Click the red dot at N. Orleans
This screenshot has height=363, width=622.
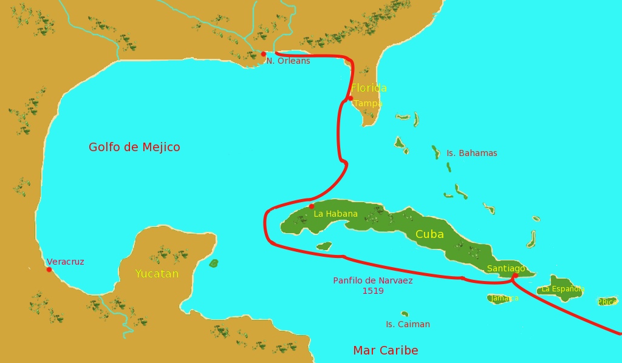click(x=264, y=54)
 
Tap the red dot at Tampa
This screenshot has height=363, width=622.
click(x=350, y=98)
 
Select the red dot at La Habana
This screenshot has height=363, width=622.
click(x=312, y=206)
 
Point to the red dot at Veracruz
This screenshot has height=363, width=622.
click(x=49, y=270)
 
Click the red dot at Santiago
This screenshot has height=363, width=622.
click(x=514, y=276)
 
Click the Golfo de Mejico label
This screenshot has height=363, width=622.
click(x=134, y=147)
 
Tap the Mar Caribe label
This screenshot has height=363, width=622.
click(x=385, y=350)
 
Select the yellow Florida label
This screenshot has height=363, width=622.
click(x=369, y=88)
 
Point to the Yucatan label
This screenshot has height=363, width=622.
click(x=157, y=274)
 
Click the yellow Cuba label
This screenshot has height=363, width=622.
click(x=429, y=234)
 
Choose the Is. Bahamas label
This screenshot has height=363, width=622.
click(x=471, y=153)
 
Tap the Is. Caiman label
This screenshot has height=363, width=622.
click(x=408, y=324)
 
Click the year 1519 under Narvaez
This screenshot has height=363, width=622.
click(x=373, y=291)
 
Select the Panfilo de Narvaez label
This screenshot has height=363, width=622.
click(x=373, y=280)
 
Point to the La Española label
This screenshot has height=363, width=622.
click(x=562, y=289)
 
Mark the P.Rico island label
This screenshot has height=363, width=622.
click(x=607, y=302)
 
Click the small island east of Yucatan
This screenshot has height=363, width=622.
click(x=213, y=263)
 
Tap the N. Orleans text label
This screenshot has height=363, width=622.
click(x=288, y=61)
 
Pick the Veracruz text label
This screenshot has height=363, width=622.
click(x=66, y=262)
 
